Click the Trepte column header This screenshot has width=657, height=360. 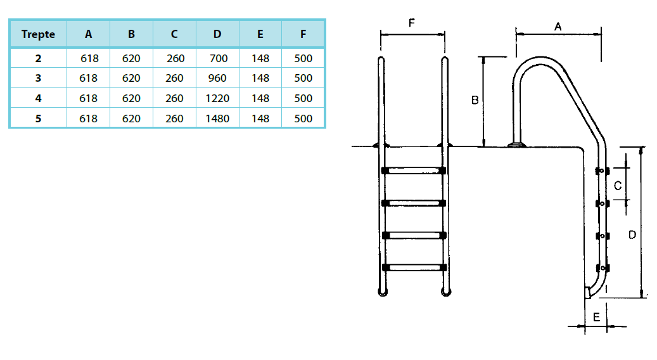tap(38, 34)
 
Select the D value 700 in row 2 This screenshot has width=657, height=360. tap(217, 58)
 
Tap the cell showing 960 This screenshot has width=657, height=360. tap(217, 79)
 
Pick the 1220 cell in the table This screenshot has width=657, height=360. tap(217, 99)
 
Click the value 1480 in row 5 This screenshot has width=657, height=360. tap(217, 119)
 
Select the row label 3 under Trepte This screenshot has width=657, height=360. tap(38, 79)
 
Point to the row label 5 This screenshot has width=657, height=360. tap(38, 119)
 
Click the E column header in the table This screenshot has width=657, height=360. tap(260, 34)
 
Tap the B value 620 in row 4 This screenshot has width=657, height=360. tap(131, 99)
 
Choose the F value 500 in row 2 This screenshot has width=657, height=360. tap(303, 58)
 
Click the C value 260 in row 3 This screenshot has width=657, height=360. tap(175, 79)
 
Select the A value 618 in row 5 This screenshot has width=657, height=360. tap(89, 119)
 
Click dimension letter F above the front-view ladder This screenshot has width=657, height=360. tap(412, 23)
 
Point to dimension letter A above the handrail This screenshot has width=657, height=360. tap(558, 27)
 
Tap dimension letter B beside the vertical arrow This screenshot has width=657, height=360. tap(475, 100)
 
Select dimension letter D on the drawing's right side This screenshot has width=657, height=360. tap(632, 235)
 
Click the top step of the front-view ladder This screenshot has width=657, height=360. tap(414, 170)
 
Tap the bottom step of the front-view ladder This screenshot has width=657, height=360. tap(414, 267)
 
